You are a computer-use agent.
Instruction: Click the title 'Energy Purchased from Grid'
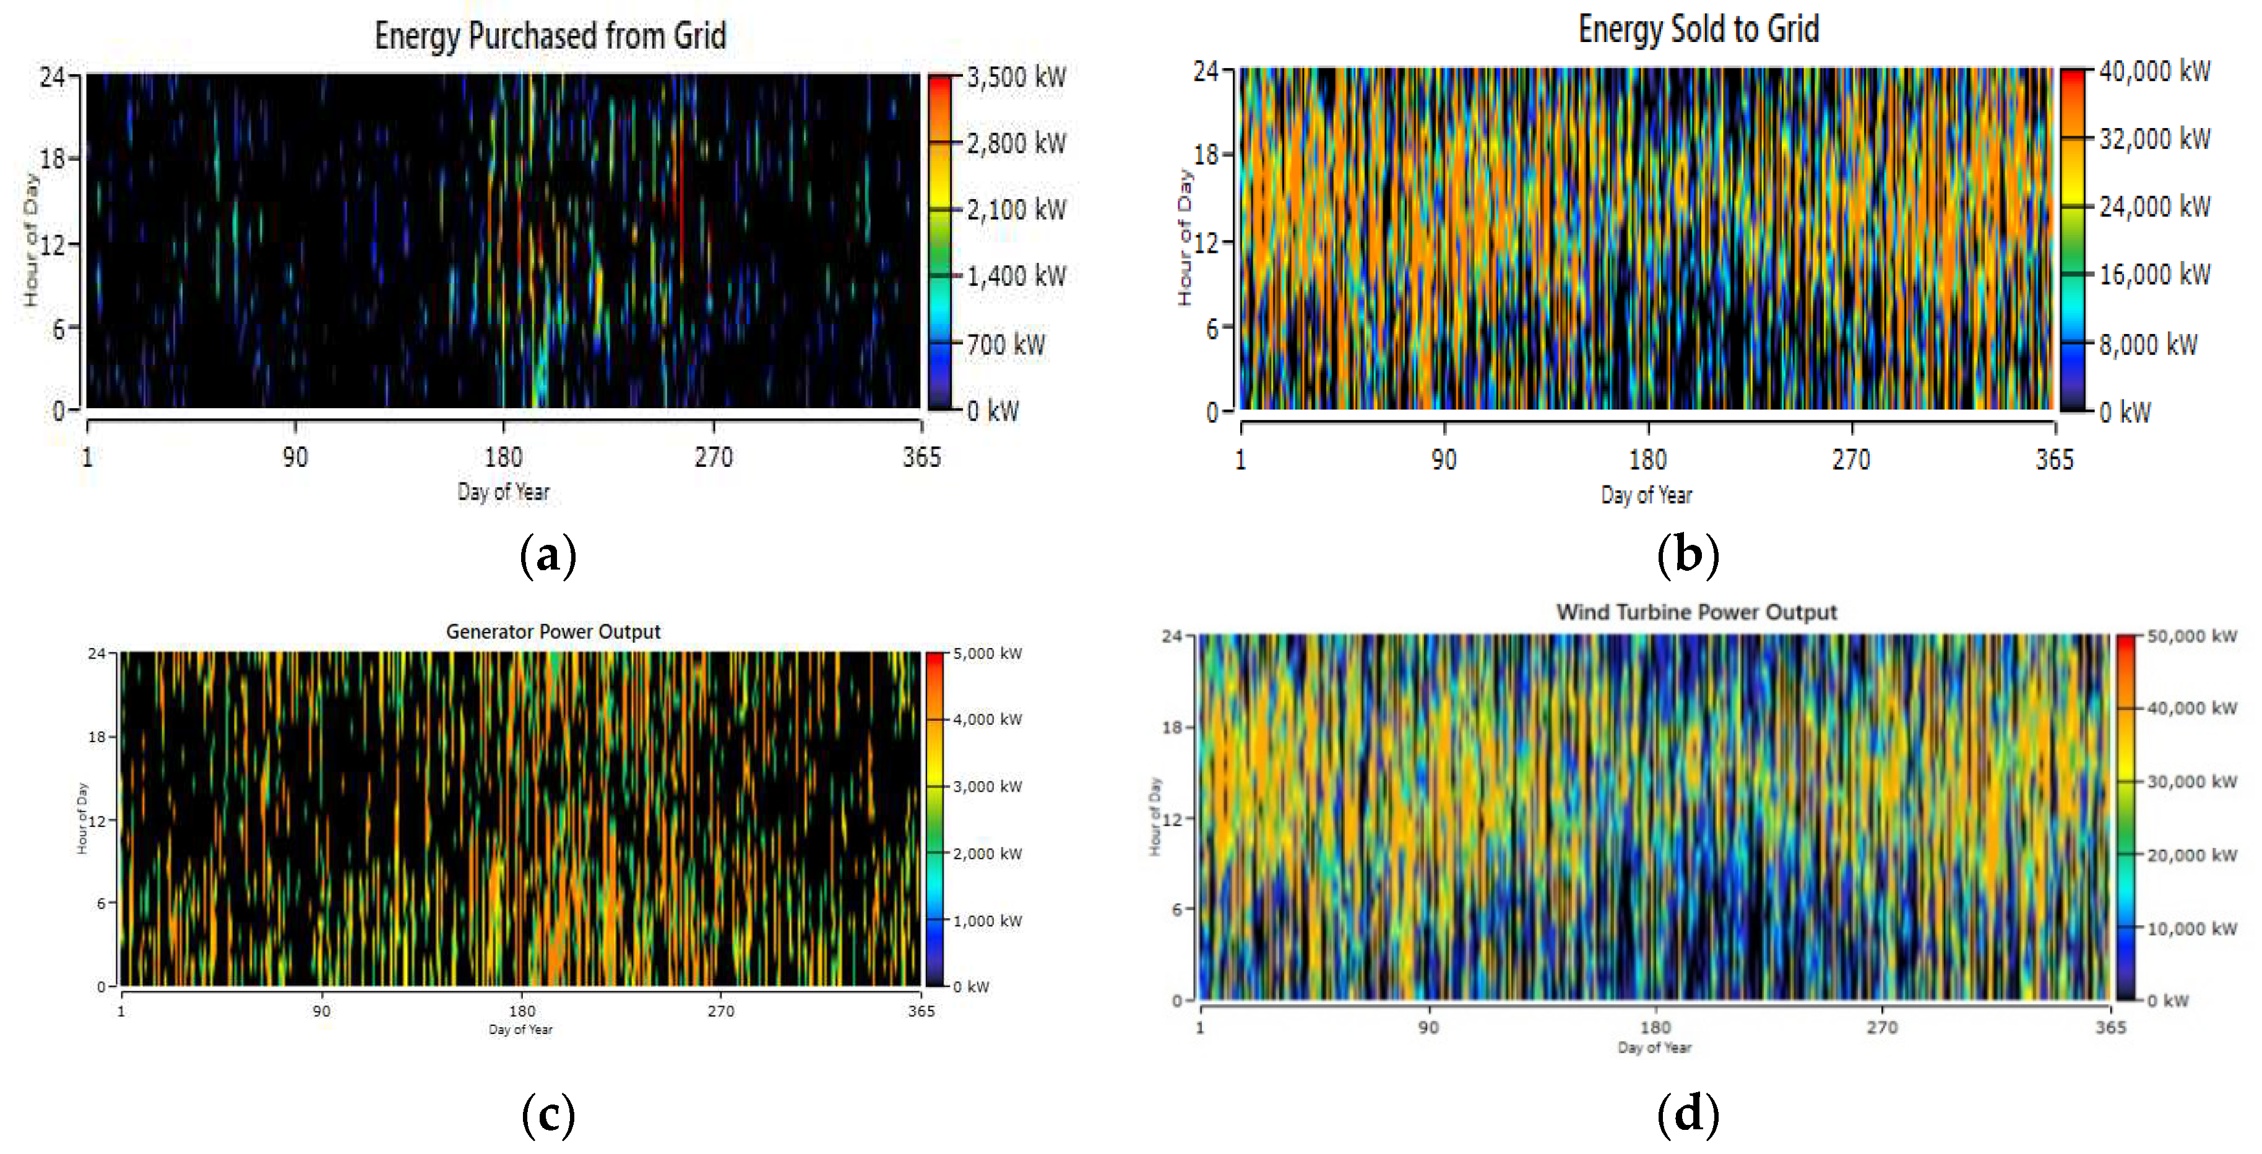(x=551, y=36)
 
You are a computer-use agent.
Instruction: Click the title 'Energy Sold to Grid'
(x=1698, y=29)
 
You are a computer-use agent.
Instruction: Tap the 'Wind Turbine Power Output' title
(x=1696, y=612)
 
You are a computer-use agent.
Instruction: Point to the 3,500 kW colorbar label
(x=1017, y=77)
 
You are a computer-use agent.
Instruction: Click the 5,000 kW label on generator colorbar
(x=988, y=654)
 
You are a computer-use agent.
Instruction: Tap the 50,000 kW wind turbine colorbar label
(x=2191, y=636)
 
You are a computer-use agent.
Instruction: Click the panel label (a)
(x=548, y=555)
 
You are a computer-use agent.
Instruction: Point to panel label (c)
(x=548, y=1114)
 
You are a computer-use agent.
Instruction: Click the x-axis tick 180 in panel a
(x=504, y=457)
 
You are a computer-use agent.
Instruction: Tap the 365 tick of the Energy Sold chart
(x=2055, y=460)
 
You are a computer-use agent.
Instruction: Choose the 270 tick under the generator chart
(x=721, y=1011)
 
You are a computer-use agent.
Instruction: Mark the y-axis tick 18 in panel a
(x=52, y=159)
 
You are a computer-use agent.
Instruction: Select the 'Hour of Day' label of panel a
(x=32, y=239)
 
